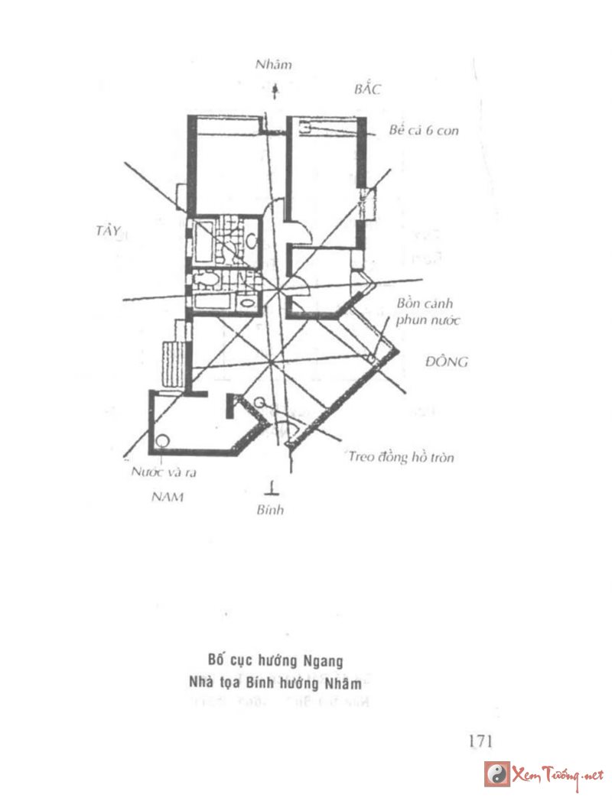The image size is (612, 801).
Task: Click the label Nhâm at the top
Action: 274,65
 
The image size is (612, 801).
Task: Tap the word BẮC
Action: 368,89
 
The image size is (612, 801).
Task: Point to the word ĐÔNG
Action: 446,362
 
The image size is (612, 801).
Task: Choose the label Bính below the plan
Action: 270,510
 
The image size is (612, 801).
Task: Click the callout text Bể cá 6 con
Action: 424,131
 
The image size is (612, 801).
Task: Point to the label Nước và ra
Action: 159,472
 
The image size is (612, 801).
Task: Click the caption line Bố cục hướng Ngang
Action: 275,660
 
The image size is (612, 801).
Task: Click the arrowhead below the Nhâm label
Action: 275,90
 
